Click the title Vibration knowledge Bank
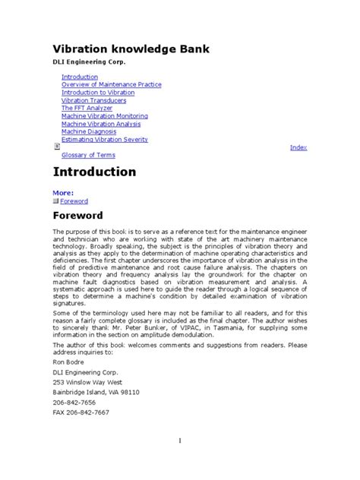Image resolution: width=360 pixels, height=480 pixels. pos(131,49)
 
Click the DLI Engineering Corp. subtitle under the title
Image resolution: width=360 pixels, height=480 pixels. pos(89,62)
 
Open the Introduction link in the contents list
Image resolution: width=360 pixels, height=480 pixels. pos(80,77)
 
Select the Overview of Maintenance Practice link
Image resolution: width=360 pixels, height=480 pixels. pos(111,85)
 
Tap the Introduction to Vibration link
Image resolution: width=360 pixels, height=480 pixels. pos(98,93)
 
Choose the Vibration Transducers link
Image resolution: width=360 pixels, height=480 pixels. pos(94,101)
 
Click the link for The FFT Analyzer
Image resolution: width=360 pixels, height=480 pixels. pos(87,109)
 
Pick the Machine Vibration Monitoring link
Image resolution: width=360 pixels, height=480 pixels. pos(105,116)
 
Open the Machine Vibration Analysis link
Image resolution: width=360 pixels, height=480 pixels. pos(102,124)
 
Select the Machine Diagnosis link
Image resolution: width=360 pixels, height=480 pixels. pos(89,131)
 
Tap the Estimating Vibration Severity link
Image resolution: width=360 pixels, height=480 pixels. pos(105,140)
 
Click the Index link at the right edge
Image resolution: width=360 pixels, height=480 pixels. pos(298,147)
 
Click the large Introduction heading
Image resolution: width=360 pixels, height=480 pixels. pos(94,172)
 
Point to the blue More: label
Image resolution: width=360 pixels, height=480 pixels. pos(63,193)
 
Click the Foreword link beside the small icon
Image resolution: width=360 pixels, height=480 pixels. pos(75,201)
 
